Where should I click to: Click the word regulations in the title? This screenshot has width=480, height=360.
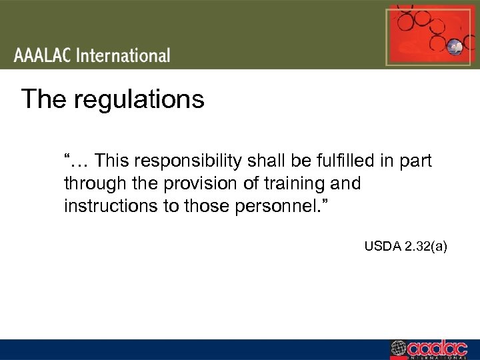(x=139, y=99)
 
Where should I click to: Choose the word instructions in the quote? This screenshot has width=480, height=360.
(x=111, y=205)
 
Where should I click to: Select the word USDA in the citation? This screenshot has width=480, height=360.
(x=380, y=247)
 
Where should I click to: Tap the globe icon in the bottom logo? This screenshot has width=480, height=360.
(x=398, y=349)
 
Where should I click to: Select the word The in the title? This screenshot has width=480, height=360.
(x=45, y=99)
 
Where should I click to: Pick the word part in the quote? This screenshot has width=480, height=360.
(x=417, y=161)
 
